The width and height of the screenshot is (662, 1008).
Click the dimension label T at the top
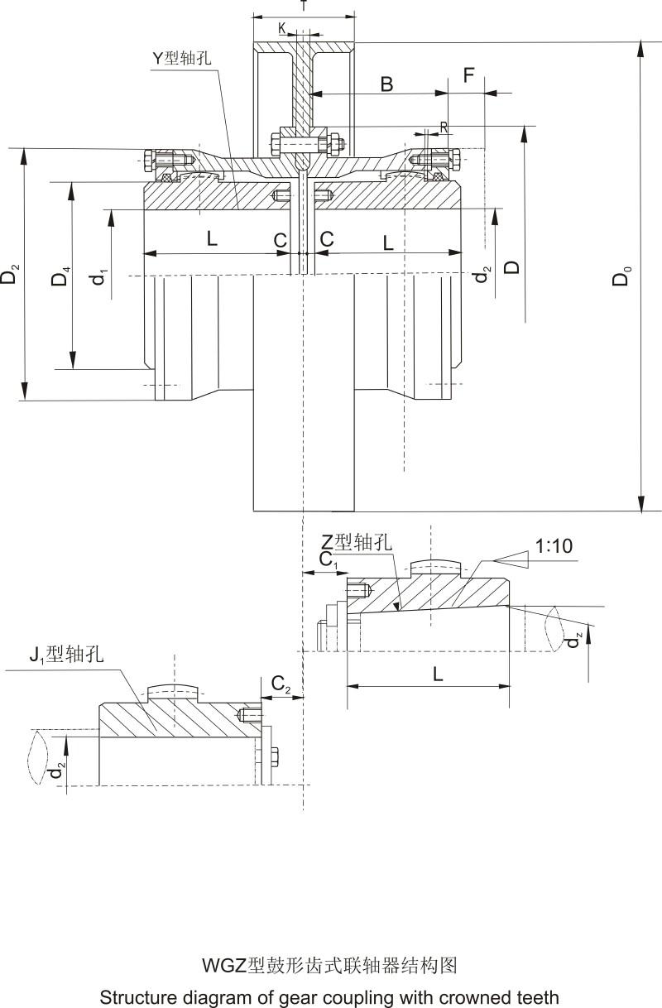[x=304, y=6]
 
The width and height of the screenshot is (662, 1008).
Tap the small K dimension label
[x=283, y=28]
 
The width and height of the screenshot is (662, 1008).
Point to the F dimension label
[x=469, y=76]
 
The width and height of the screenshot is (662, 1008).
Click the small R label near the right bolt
[x=444, y=127]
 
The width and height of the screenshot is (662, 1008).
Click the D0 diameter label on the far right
[x=622, y=276]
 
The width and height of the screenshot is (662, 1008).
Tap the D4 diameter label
[x=60, y=276]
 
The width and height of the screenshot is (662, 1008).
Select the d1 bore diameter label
[x=99, y=276]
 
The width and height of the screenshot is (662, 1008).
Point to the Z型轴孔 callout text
[x=357, y=542]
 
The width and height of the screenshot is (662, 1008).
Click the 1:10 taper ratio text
[x=554, y=546]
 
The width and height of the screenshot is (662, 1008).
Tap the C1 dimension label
[x=329, y=560]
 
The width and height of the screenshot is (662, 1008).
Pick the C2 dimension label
[x=281, y=685]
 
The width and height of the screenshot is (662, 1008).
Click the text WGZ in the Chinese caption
[x=223, y=965]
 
